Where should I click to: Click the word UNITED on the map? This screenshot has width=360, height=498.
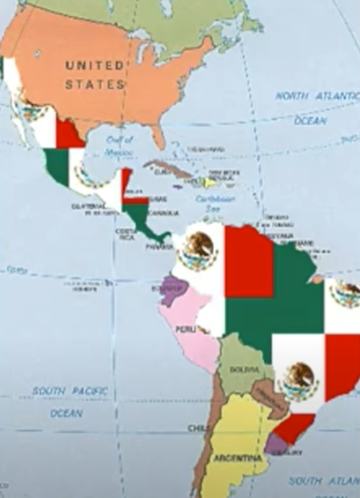(94, 64)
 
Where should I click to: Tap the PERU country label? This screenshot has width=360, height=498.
(185, 329)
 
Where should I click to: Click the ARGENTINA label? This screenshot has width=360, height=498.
(236, 459)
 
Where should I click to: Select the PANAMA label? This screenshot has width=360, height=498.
(159, 247)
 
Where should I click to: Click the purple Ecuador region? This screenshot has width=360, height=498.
(170, 291)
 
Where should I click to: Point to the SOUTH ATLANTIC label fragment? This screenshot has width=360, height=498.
(322, 481)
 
